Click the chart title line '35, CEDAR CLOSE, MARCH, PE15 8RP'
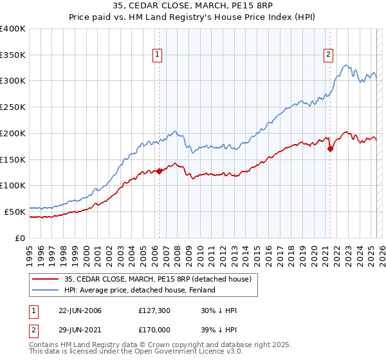pyautogui.click(x=192, y=7)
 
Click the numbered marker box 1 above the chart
pyautogui.click(x=158, y=55)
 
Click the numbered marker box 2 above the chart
pyautogui.click(x=328, y=55)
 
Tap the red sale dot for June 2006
pyautogui.click(x=159, y=171)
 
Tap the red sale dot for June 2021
pyautogui.click(x=330, y=148)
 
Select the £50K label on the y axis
pyautogui.click(x=15, y=211)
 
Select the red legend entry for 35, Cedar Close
pyautogui.click(x=161, y=279)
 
